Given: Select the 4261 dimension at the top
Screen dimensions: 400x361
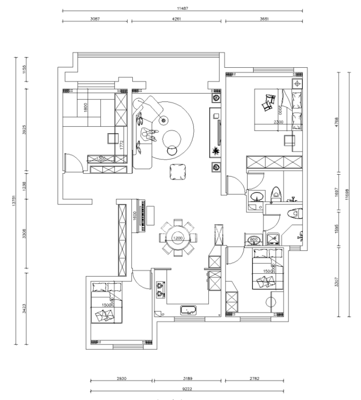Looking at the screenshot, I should pos(177,20).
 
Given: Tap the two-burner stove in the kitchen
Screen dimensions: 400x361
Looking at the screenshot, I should pos(160,289).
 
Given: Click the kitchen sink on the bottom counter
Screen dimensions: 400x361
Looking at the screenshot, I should pos(188,310).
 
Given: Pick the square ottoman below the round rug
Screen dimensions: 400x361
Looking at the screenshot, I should pos(177,172).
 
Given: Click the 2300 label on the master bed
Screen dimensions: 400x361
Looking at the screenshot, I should pos(278,122).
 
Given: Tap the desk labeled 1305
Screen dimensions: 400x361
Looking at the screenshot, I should pos(101,159).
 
